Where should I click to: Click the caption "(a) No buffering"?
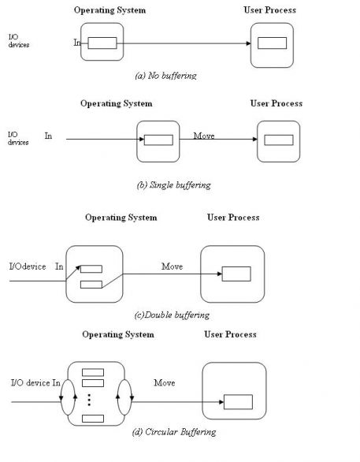tap(165, 76)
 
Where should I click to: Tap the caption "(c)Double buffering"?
tap(172, 315)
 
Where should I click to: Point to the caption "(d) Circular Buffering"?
tap(174, 432)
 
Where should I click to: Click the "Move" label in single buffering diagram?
tap(204, 136)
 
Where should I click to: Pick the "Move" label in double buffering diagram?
tap(173, 266)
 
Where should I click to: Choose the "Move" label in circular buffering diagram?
tap(165, 382)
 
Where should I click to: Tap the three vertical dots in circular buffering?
tap(90, 399)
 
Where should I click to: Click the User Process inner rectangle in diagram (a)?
tap(272, 43)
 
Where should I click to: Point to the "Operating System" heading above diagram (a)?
tap(109, 10)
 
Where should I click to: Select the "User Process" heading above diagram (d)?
tap(230, 334)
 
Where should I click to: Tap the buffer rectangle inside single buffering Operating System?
tap(158, 140)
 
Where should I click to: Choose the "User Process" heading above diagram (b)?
tap(276, 103)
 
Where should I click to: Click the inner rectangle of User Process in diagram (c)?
tap(236, 274)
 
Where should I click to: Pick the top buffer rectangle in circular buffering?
tap(93, 373)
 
